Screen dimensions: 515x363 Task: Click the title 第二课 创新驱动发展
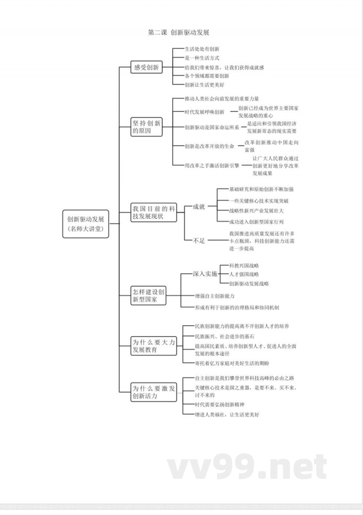tap(178, 33)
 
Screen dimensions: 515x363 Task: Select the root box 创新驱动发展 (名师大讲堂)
tap(86, 224)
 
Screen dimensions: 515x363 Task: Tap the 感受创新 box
tap(146, 67)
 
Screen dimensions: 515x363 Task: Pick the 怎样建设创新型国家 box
tap(149, 294)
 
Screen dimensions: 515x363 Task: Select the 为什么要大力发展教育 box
tap(153, 346)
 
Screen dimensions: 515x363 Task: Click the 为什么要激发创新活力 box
tap(153, 392)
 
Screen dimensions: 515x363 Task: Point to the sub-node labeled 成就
tap(199, 207)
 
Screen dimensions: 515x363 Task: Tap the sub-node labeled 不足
tap(199, 241)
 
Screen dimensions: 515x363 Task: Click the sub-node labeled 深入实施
tap(205, 274)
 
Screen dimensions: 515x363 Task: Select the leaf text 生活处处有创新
tap(202, 48)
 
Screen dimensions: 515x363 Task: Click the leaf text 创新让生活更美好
tap(204, 85)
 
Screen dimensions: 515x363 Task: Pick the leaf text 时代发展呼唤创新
tap(204, 112)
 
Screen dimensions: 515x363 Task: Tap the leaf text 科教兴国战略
tap(244, 265)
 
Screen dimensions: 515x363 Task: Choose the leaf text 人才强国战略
tap(244, 274)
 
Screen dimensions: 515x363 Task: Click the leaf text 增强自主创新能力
tap(215, 296)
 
